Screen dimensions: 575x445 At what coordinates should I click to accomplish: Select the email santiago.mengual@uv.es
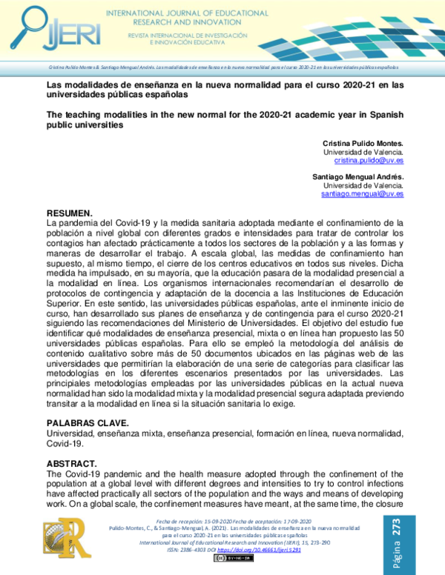[362, 193]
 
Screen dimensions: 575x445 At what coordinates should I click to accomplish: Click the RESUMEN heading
[70, 212]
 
